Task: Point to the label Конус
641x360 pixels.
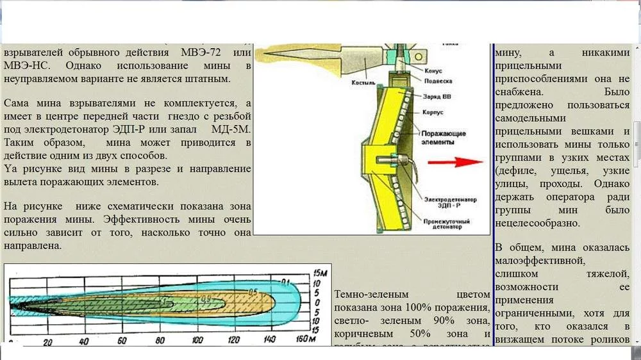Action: click(x=433, y=70)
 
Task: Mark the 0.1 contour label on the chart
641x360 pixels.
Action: click(x=286, y=281)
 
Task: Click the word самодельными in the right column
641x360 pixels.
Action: click(x=530, y=118)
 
